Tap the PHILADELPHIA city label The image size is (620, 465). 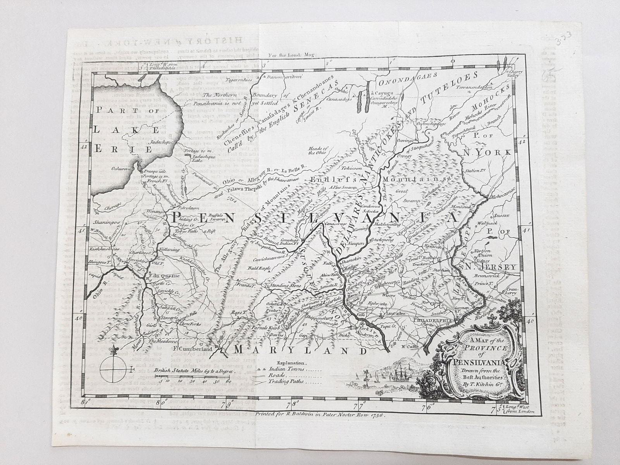tap(432, 320)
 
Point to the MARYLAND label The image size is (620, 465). tap(300, 350)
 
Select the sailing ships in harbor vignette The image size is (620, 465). tap(395, 372)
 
